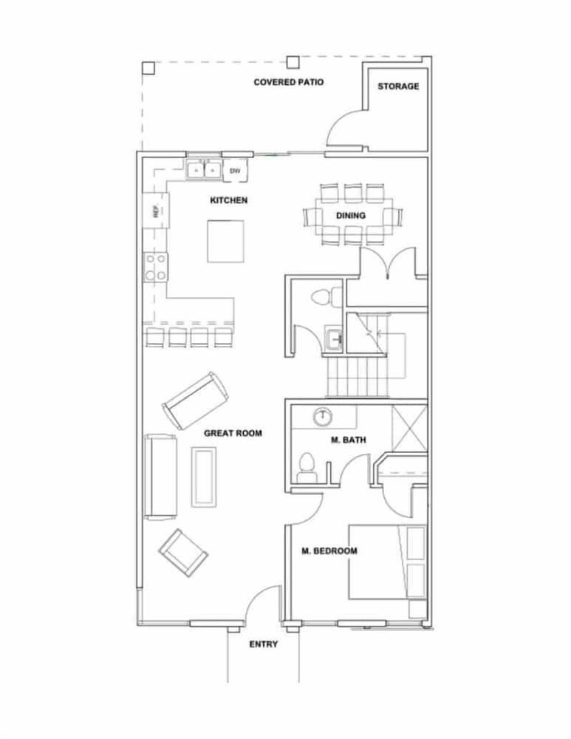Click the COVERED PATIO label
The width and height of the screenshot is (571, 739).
pyautogui.click(x=288, y=82)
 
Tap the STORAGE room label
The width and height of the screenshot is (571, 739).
pyautogui.click(x=398, y=86)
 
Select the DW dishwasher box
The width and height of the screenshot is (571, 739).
pyautogui.click(x=235, y=171)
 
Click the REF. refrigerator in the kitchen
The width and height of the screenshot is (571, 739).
pyautogui.click(x=156, y=211)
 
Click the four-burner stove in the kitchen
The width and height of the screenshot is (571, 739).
pyautogui.click(x=156, y=267)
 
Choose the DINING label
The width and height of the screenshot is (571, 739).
pyautogui.click(x=351, y=216)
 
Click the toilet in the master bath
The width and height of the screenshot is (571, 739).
pyautogui.click(x=307, y=466)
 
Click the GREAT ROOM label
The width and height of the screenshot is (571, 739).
pyautogui.click(x=233, y=433)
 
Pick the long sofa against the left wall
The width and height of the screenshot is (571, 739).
pyautogui.click(x=159, y=477)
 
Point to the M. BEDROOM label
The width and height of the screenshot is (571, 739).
pyautogui.click(x=329, y=551)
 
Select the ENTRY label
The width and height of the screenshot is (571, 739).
pyautogui.click(x=263, y=644)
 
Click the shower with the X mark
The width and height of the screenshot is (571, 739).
pyautogui.click(x=409, y=428)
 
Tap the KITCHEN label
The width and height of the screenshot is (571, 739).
pyautogui.click(x=229, y=200)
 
